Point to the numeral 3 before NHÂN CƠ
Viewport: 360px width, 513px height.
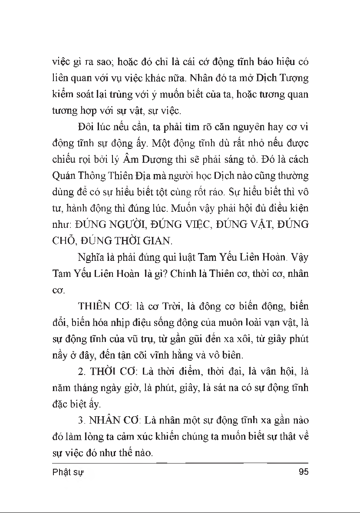point(81,421)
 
